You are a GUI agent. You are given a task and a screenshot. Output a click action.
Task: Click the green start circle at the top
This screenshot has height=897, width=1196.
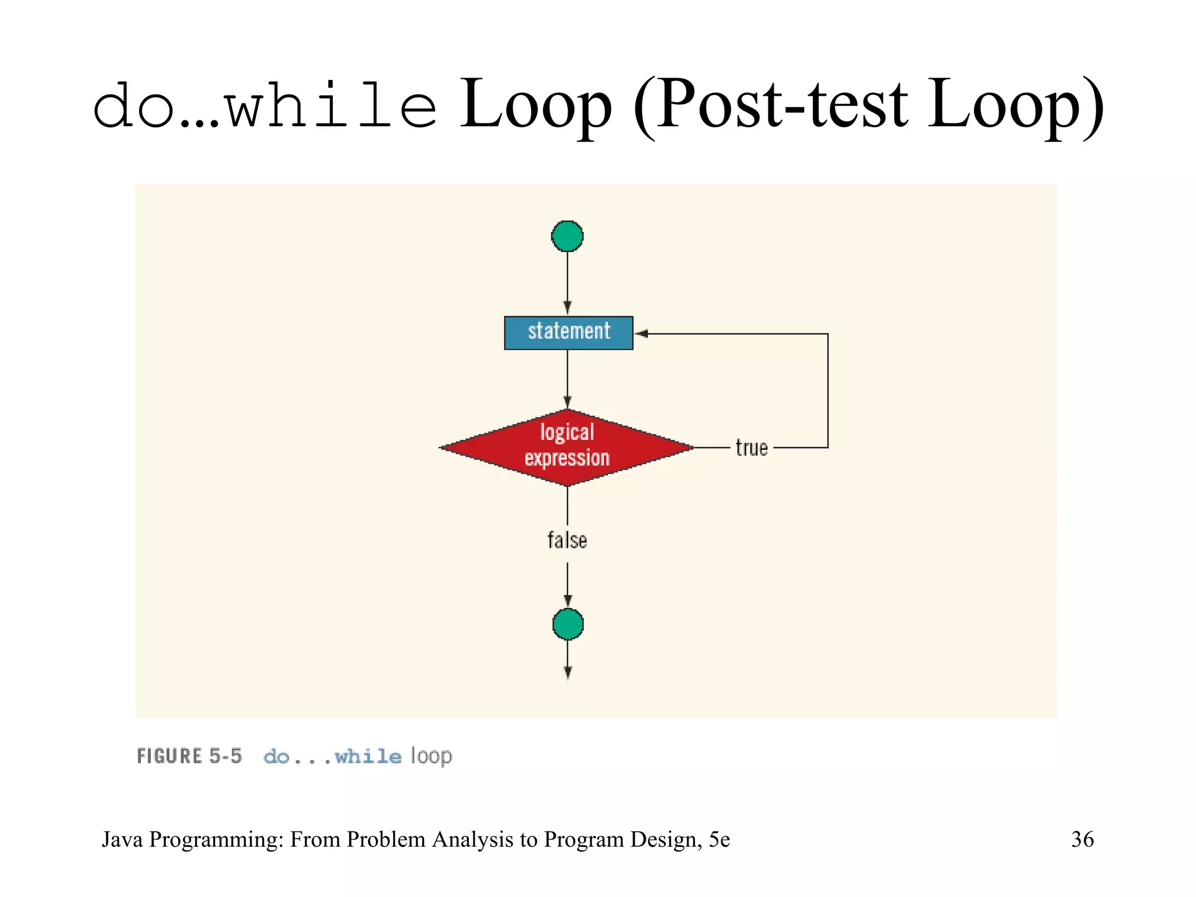pyautogui.click(x=567, y=237)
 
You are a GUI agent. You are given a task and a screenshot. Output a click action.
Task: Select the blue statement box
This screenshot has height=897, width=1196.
pyautogui.click(x=568, y=333)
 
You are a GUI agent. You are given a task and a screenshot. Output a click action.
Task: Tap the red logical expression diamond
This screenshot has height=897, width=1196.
pyautogui.click(x=566, y=447)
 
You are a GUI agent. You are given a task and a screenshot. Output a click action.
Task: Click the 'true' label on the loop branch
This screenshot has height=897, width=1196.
pyautogui.click(x=751, y=448)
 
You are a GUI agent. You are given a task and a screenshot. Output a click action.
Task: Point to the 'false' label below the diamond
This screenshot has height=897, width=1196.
pyautogui.click(x=567, y=540)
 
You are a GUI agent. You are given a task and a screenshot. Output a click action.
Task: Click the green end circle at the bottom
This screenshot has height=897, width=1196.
pyautogui.click(x=568, y=624)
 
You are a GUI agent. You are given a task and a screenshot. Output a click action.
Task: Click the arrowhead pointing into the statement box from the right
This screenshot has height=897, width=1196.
pyautogui.click(x=641, y=333)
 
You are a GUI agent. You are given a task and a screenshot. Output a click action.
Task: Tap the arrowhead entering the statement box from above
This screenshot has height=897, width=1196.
pyautogui.click(x=567, y=308)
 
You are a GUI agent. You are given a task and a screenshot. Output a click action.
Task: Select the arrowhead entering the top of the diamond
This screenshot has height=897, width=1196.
pyautogui.click(x=567, y=402)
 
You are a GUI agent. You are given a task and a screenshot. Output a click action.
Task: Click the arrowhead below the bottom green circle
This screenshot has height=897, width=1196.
pyautogui.click(x=568, y=673)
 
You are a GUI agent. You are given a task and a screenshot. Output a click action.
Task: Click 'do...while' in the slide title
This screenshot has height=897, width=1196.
pyautogui.click(x=265, y=107)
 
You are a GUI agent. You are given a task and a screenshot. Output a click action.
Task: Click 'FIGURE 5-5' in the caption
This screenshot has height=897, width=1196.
pyautogui.click(x=189, y=756)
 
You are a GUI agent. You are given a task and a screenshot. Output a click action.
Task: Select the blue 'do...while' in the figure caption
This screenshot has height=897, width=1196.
pyautogui.click(x=332, y=757)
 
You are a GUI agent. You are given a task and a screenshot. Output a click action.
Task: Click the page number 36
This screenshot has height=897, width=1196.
pyautogui.click(x=1082, y=839)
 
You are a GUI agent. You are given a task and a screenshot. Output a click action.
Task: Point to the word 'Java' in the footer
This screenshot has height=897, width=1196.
pyautogui.click(x=123, y=839)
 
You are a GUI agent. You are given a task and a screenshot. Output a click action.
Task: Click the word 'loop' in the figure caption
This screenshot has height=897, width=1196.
pyautogui.click(x=431, y=757)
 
